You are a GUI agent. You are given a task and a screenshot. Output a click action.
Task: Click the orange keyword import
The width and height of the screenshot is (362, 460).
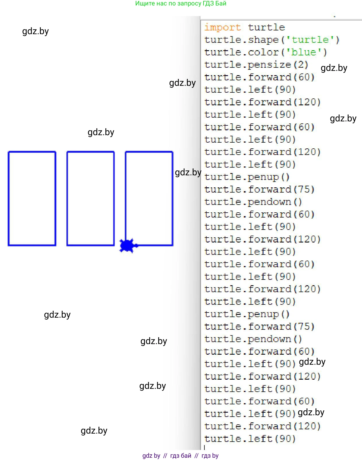222,28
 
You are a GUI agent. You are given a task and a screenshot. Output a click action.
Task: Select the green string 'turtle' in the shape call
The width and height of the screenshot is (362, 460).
310,40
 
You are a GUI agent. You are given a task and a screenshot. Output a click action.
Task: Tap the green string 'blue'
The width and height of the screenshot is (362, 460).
304,52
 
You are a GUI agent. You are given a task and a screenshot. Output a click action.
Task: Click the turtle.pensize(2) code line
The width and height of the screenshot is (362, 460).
256,65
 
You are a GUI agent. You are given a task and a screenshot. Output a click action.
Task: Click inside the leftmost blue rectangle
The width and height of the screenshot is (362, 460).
32,199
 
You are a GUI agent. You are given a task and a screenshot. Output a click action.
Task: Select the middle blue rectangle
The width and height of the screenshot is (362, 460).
90,199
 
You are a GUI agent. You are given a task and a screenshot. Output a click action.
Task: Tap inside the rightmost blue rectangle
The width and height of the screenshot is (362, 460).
149,199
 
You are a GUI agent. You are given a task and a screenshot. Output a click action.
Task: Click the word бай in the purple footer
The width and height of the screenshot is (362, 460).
186,455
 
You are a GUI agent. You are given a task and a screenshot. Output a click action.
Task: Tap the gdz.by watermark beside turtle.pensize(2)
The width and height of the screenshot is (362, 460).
334,68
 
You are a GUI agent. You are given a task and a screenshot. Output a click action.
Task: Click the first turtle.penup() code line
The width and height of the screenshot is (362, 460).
247,177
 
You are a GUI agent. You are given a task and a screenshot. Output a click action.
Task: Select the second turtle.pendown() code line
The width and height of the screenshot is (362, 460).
253,339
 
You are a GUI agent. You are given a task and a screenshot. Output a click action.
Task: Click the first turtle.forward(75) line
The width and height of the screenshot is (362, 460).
259,189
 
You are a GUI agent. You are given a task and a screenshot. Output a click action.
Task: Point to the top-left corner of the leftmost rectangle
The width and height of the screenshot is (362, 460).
9,152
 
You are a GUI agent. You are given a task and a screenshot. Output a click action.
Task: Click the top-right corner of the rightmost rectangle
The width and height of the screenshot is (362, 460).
173,152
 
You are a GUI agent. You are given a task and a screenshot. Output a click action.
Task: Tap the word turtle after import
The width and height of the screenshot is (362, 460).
266,28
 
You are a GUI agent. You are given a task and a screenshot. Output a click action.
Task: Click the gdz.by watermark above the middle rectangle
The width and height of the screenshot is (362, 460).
101,132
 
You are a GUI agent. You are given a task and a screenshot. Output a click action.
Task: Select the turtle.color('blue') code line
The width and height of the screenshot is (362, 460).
266,52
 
